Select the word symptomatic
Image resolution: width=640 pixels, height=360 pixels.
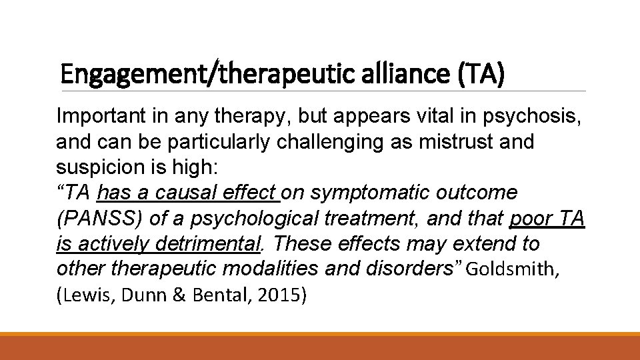[x=371, y=193]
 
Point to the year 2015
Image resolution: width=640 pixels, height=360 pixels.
[x=281, y=295]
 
